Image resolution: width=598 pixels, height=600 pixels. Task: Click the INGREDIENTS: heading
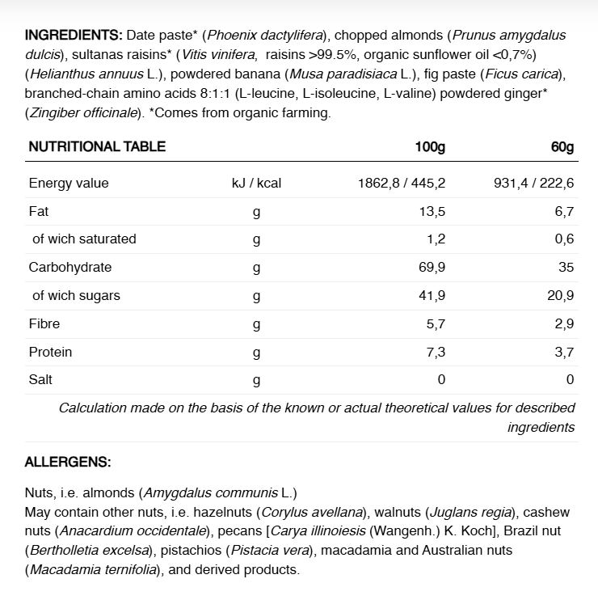point(74,35)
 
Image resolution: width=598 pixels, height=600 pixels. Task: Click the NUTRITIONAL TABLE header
point(97,146)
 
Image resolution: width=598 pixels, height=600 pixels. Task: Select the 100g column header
point(430,146)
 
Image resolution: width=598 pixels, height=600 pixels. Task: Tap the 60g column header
point(562,146)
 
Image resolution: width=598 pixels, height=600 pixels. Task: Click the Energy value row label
point(69,183)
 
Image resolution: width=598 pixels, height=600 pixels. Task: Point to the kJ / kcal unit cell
point(256,183)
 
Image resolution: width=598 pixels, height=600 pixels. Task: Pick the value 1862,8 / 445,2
point(402,183)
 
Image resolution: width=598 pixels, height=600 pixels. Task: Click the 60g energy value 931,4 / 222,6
point(534,183)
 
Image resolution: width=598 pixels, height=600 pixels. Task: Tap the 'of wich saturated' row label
point(84,239)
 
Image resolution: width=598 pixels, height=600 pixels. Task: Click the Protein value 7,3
point(436,352)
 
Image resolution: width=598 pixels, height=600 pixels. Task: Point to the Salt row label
point(40,379)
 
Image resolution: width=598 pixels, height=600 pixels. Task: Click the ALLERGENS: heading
point(68,463)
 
